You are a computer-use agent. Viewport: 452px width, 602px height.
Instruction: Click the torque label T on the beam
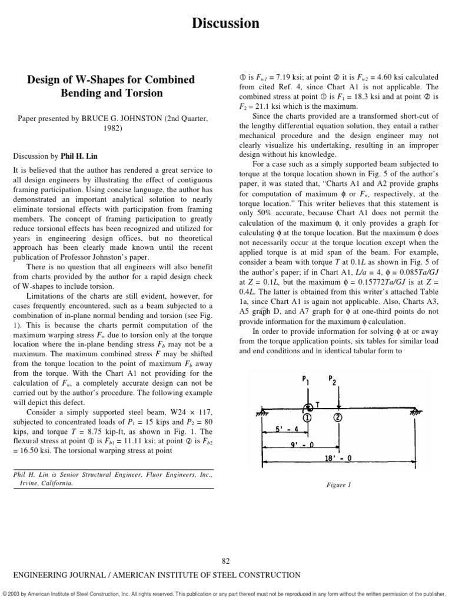pos(319,405)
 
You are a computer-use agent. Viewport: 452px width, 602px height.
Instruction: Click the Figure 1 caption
pos(338,485)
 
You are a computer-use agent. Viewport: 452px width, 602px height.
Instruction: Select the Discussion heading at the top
pos(226,24)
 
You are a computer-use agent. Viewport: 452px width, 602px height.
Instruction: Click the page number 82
pos(226,560)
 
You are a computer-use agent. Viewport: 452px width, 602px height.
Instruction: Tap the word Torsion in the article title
pos(141,93)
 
